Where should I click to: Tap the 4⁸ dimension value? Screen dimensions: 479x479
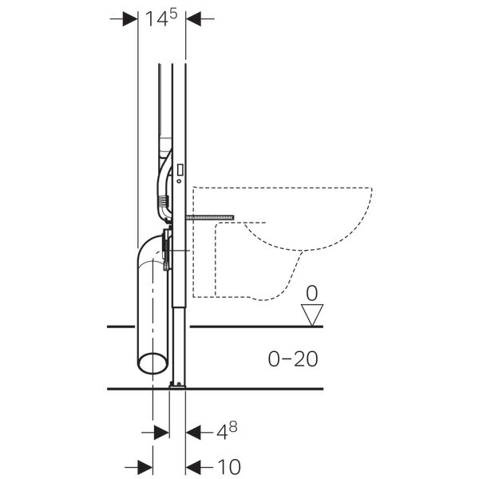pyautogui.click(x=227, y=432)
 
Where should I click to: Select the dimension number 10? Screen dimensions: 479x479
pyautogui.click(x=228, y=465)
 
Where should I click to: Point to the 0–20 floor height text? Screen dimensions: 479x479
pyautogui.click(x=291, y=359)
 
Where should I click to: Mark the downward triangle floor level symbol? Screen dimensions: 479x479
pyautogui.click(x=313, y=311)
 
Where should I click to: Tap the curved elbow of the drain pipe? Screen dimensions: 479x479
pyautogui.click(x=148, y=252)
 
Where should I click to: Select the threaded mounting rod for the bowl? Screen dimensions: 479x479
pyautogui.click(x=209, y=216)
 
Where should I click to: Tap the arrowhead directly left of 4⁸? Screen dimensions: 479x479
pyautogui.click(x=194, y=432)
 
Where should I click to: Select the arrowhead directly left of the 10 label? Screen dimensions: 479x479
pyautogui.click(x=194, y=465)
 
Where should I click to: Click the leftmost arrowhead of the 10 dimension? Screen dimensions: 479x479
pyautogui.click(x=144, y=465)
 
